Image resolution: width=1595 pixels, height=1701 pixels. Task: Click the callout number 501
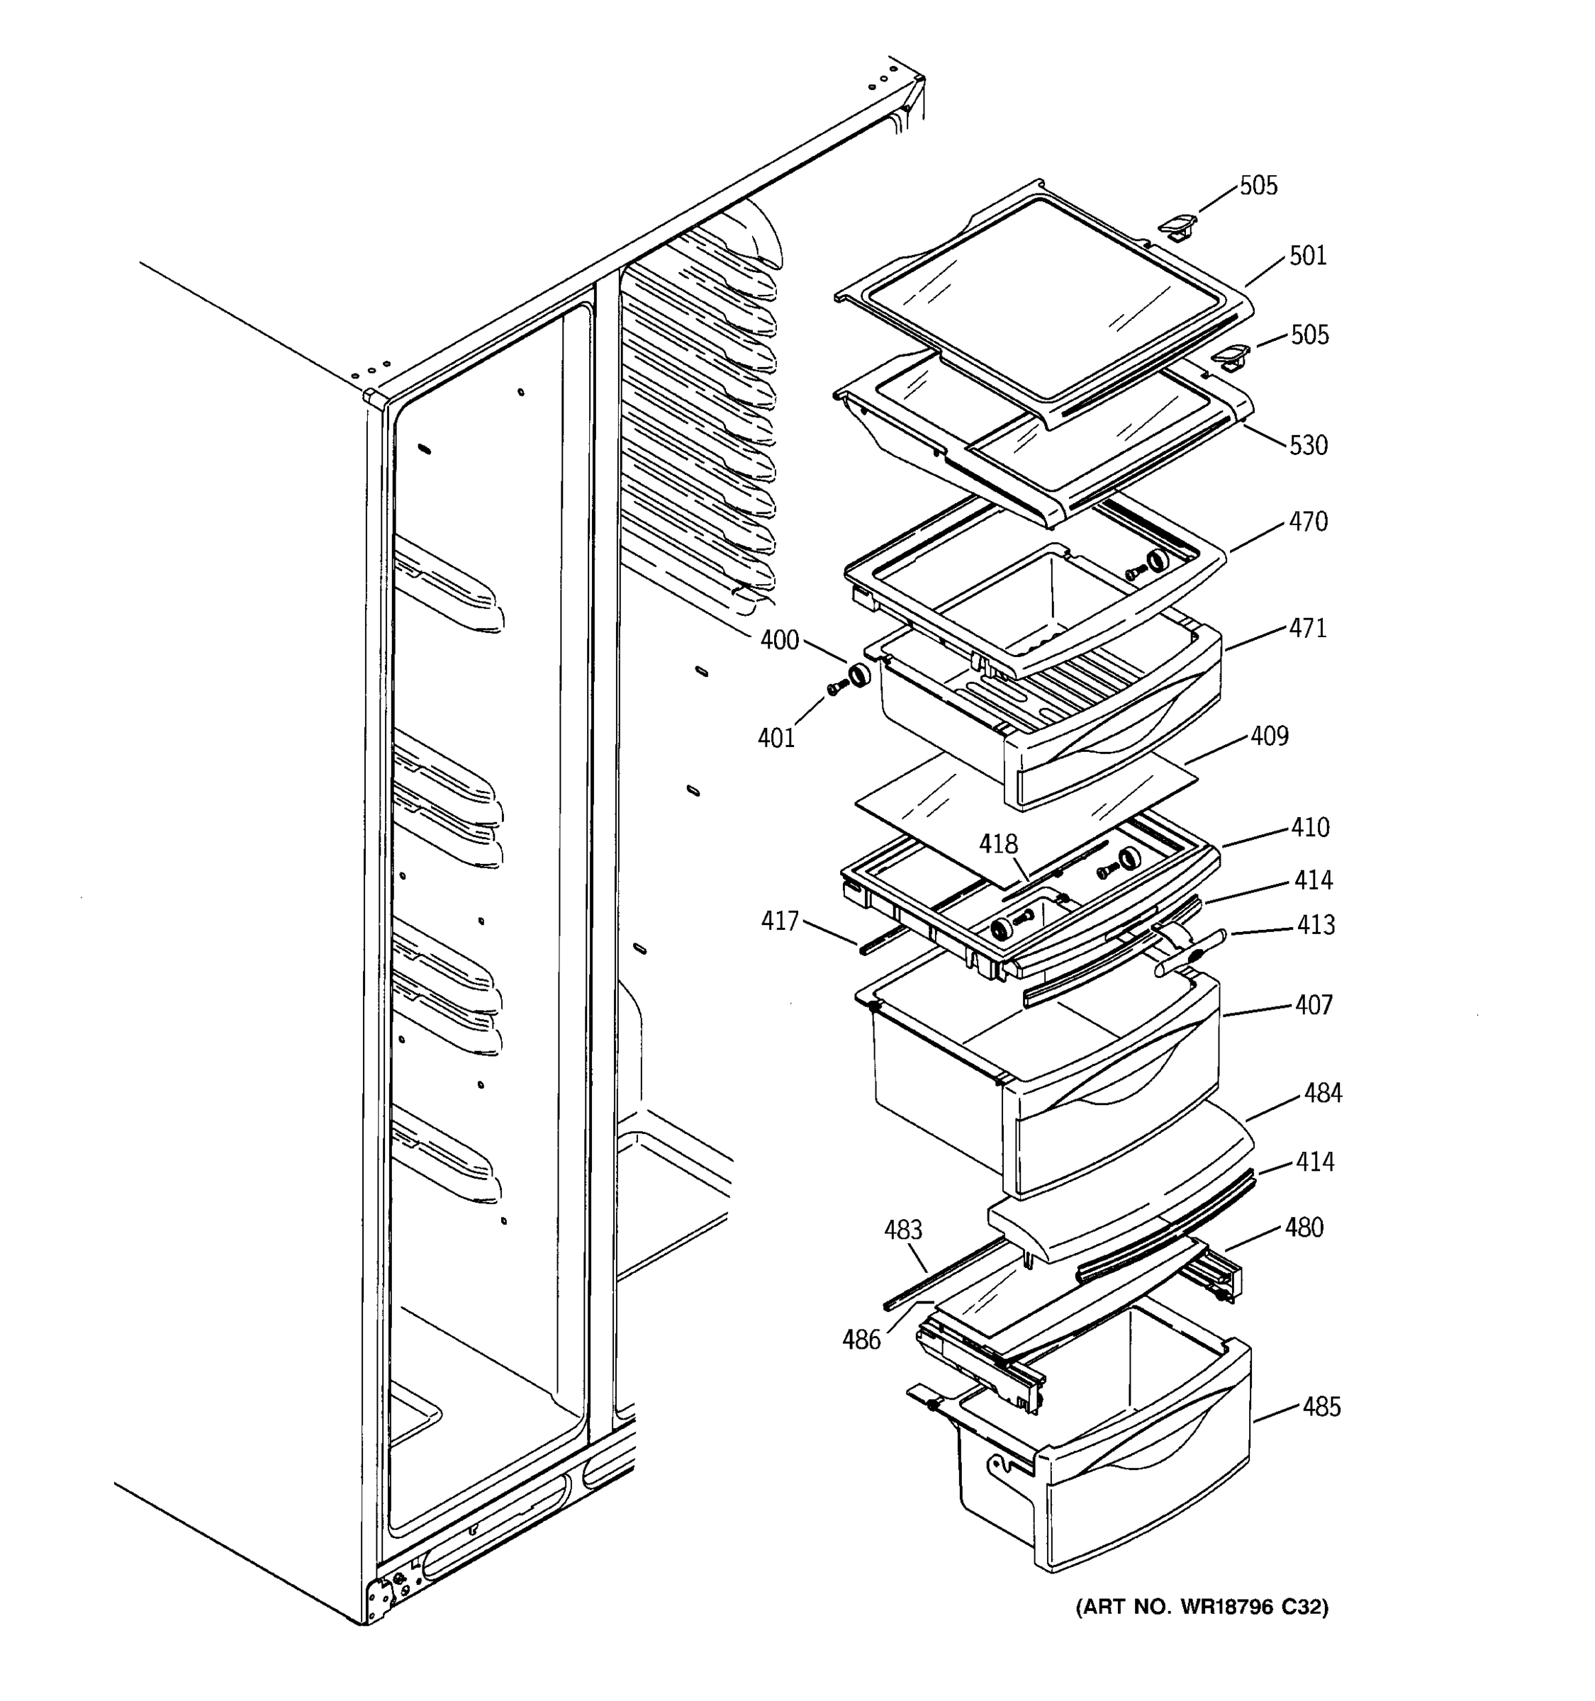point(1307,256)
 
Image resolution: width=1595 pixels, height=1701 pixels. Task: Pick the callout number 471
point(1307,628)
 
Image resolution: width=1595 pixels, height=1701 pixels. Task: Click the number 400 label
point(780,640)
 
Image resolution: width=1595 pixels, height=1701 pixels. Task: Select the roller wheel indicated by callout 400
point(857,676)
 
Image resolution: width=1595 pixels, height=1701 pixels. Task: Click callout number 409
point(1269,736)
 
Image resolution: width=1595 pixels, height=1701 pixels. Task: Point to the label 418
point(999,845)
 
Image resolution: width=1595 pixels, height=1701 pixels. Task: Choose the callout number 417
point(780,921)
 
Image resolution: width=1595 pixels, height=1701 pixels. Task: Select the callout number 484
point(1323,1093)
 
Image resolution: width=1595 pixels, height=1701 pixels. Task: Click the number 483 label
point(902,1230)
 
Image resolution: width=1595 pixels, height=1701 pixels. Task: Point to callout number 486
point(861,1340)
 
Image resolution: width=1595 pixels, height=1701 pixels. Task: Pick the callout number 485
point(1321,1407)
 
